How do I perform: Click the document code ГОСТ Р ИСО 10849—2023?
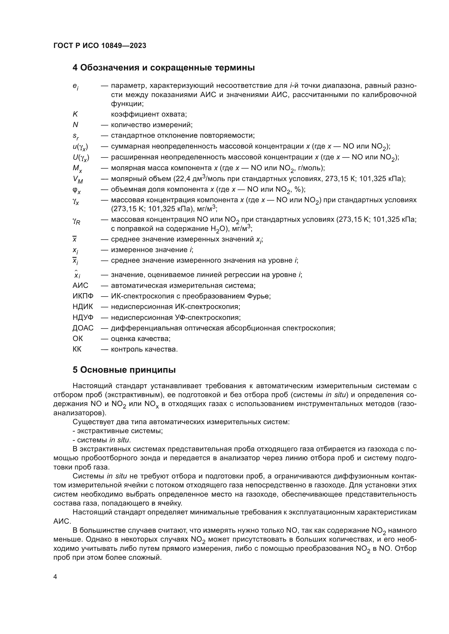(x=100, y=46)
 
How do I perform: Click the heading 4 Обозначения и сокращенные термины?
(x=163, y=68)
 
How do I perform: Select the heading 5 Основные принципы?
(x=124, y=370)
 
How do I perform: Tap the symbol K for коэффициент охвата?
(x=75, y=114)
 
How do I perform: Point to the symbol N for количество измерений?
(x=75, y=125)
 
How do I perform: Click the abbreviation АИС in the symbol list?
(x=80, y=285)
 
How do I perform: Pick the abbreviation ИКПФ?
(x=83, y=296)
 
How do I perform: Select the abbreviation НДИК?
(x=83, y=307)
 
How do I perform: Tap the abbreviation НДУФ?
(x=83, y=317)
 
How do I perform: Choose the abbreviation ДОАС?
(x=83, y=328)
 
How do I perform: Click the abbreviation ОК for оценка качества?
(x=78, y=339)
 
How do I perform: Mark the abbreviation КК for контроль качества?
(x=77, y=349)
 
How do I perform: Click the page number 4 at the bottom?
(x=55, y=577)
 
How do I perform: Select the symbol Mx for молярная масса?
(x=77, y=168)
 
